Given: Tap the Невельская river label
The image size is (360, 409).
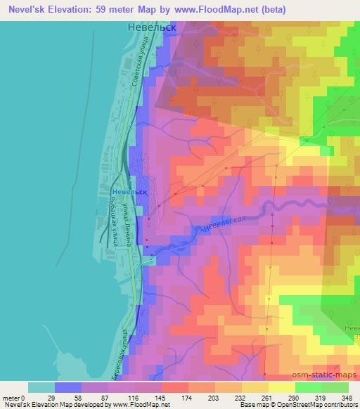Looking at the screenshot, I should pyautogui.click(x=224, y=226).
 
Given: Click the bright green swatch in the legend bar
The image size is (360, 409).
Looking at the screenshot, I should pyautogui.click(x=308, y=387).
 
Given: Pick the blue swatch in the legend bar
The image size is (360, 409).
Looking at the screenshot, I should pyautogui.click(x=68, y=387).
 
